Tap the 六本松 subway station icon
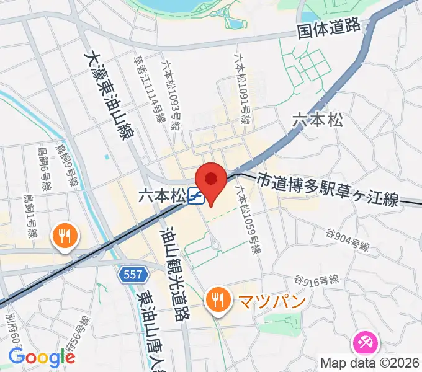pos(195,197)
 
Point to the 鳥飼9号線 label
pos(65,166)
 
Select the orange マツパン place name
pos(264,302)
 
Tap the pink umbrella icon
pos(364,342)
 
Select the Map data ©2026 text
pos(368,363)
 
